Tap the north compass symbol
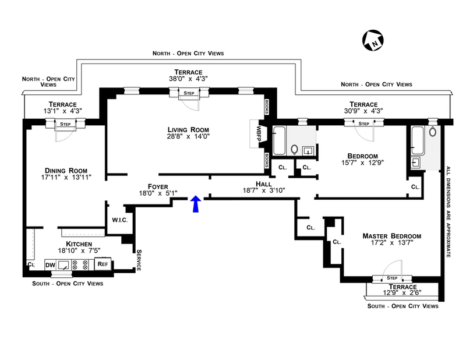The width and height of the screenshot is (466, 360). [373, 40]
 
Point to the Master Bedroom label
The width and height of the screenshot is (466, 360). [391, 236]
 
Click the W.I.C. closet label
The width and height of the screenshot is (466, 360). [120, 220]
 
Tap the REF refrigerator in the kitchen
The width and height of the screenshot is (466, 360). [103, 264]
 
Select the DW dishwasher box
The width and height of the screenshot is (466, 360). [51, 264]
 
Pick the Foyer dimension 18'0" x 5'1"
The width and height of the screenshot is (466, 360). [157, 192]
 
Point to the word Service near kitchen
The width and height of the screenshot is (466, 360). [139, 260]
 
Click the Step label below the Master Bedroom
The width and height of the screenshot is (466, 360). [391, 278]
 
